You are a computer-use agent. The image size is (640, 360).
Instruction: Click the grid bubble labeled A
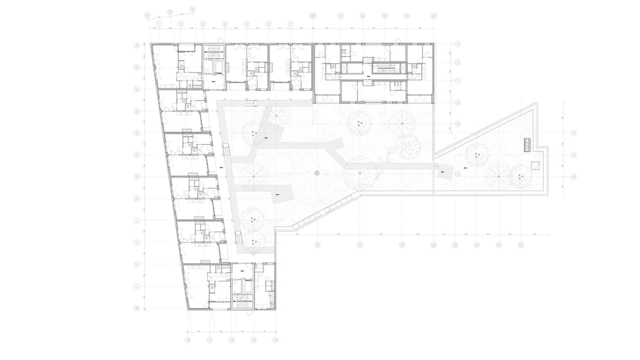click(136, 45)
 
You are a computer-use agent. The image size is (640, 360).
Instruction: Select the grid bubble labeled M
click(136, 308)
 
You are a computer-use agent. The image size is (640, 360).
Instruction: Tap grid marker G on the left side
click(136, 177)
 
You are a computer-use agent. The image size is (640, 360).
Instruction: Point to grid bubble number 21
click(148, 15)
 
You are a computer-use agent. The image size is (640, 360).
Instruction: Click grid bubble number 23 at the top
click(193, 9)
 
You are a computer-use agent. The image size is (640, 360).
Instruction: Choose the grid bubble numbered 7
click(290, 24)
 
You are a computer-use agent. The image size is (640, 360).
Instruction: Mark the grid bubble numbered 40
click(313, 16)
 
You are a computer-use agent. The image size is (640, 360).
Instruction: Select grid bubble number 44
click(406, 16)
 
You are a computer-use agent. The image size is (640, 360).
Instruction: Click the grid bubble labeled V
click(458, 44)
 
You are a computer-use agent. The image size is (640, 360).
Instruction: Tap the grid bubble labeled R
click(458, 124)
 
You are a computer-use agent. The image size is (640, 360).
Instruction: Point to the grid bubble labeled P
click(574, 133)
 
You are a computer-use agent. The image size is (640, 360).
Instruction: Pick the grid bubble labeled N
click(574, 177)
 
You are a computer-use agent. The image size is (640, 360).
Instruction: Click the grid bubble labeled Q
click(458, 174)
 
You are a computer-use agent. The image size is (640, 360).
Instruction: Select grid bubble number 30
click(318, 245)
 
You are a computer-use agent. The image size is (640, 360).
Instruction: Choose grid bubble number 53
click(521, 245)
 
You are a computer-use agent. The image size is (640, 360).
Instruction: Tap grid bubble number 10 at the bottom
click(188, 340)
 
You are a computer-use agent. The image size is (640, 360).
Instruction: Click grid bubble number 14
click(275, 340)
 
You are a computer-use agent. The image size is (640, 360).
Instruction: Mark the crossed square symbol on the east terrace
click(535, 166)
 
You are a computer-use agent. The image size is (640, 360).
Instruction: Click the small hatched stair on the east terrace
click(527, 145)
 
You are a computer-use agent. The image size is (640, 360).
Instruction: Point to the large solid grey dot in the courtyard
click(317, 173)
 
